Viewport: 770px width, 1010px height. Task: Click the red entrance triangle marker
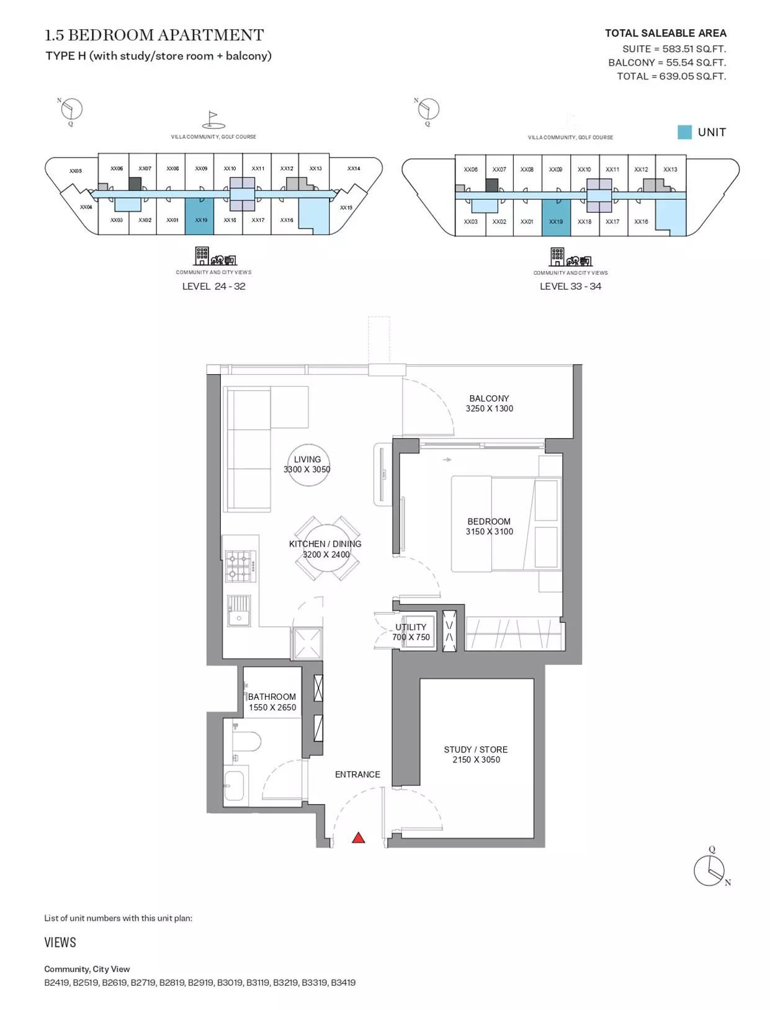(x=359, y=837)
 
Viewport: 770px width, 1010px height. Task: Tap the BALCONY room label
(x=489, y=398)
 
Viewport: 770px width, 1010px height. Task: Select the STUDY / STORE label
(x=476, y=749)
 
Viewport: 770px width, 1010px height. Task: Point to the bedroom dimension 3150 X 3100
(x=490, y=532)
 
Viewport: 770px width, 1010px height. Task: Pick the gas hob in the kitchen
(x=240, y=566)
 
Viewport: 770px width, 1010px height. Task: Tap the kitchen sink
(x=239, y=611)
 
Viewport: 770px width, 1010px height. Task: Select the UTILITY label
(x=411, y=627)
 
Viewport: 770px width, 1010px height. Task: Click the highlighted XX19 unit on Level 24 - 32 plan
(x=199, y=217)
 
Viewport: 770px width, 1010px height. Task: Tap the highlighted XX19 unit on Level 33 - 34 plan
(x=556, y=218)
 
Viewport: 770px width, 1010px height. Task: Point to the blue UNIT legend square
(x=684, y=132)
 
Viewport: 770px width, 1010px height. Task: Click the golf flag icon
(x=213, y=119)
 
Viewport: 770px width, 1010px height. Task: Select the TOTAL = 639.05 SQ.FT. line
(x=671, y=76)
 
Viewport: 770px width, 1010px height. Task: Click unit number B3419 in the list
(x=343, y=982)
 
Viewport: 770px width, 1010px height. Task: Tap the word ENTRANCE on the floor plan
(x=357, y=774)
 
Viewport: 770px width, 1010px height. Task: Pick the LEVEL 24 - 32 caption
(x=214, y=286)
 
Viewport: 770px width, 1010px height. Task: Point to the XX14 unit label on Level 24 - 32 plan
(x=354, y=168)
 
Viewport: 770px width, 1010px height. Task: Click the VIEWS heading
(x=60, y=942)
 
